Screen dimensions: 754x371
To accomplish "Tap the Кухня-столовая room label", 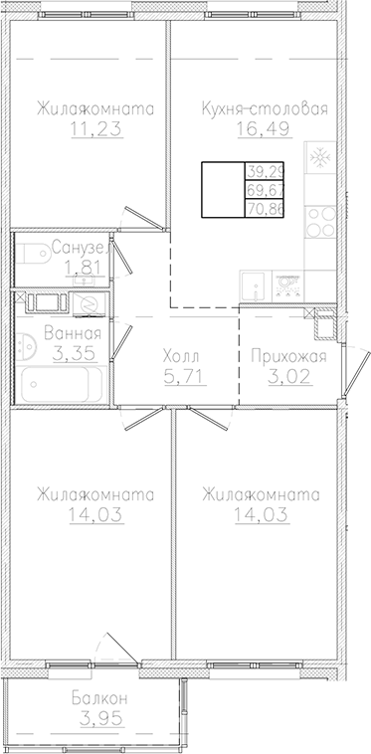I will point(264,108).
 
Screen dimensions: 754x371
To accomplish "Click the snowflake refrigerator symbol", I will point(320,159).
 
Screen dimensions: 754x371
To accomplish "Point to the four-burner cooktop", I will point(320,219).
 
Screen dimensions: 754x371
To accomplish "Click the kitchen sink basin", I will point(253,283).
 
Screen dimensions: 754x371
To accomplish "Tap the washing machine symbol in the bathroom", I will point(88,302).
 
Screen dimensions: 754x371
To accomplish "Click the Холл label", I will point(180,356).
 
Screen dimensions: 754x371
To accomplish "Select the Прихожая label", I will point(284,356).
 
